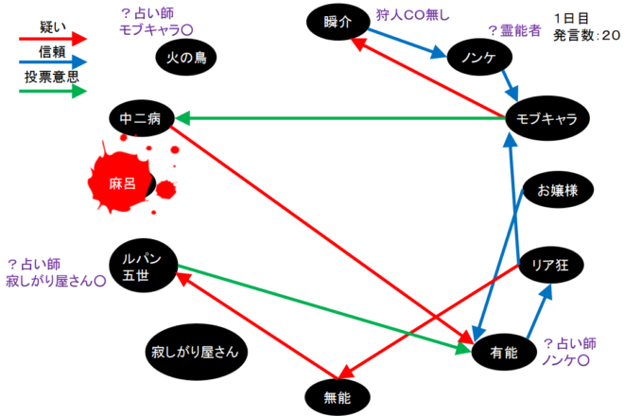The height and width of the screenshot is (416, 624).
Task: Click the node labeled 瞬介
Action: point(338,22)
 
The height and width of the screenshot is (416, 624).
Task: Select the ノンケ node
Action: point(480,58)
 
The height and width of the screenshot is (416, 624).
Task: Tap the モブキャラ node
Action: point(547,118)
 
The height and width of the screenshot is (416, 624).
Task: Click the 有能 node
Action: point(507,351)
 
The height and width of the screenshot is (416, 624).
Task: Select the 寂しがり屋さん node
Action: point(199,352)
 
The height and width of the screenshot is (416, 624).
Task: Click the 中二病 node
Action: point(141,119)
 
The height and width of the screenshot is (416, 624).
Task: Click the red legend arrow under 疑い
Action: point(53,39)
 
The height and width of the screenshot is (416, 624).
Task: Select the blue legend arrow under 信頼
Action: point(53,64)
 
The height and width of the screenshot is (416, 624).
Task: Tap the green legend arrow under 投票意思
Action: point(53,91)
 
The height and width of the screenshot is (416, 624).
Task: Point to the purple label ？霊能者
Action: point(513,30)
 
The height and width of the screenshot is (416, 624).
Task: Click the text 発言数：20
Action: point(587,34)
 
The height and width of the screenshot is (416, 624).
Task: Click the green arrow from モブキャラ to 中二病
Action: point(340,118)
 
